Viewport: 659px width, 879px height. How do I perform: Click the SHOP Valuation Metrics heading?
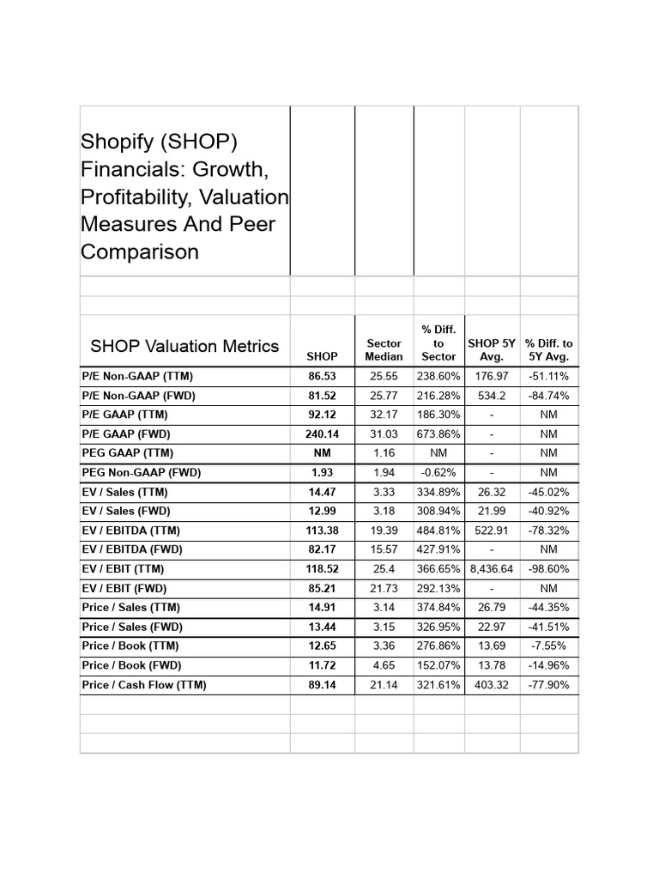184,346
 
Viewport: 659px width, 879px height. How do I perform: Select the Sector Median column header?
384,349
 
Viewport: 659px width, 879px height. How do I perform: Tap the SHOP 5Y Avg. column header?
492,349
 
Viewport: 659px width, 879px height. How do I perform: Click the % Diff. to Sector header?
438,343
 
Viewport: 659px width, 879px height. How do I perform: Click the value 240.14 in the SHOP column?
323,433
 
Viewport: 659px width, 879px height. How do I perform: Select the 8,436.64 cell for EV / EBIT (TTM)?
492,568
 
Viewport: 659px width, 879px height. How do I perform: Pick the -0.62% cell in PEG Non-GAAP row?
438,472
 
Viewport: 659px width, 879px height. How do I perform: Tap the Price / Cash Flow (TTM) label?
144,685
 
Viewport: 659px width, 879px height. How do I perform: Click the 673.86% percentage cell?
438,433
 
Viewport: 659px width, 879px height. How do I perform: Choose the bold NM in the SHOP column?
323,452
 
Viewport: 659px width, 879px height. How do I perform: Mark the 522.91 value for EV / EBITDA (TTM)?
492,530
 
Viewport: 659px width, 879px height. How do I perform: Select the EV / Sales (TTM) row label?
125,492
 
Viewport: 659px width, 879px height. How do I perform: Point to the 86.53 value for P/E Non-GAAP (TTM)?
323,376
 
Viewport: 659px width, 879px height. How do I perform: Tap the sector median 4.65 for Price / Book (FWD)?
384,665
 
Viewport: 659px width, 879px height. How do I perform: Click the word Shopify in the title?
112,142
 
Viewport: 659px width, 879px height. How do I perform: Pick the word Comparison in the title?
140,252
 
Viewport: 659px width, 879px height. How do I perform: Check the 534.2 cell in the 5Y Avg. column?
492,396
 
